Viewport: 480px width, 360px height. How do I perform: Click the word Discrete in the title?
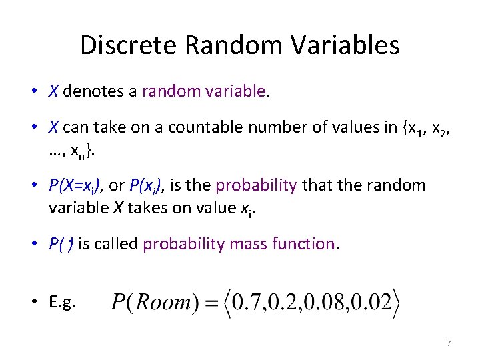pos(129,45)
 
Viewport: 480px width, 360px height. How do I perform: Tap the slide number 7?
pos(449,343)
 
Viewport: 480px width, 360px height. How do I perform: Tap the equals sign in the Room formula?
pos(209,303)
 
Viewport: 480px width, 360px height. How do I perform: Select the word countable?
pos(199,128)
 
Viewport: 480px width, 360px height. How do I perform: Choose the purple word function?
pos(303,244)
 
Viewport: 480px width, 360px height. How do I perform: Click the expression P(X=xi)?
pos(75,185)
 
